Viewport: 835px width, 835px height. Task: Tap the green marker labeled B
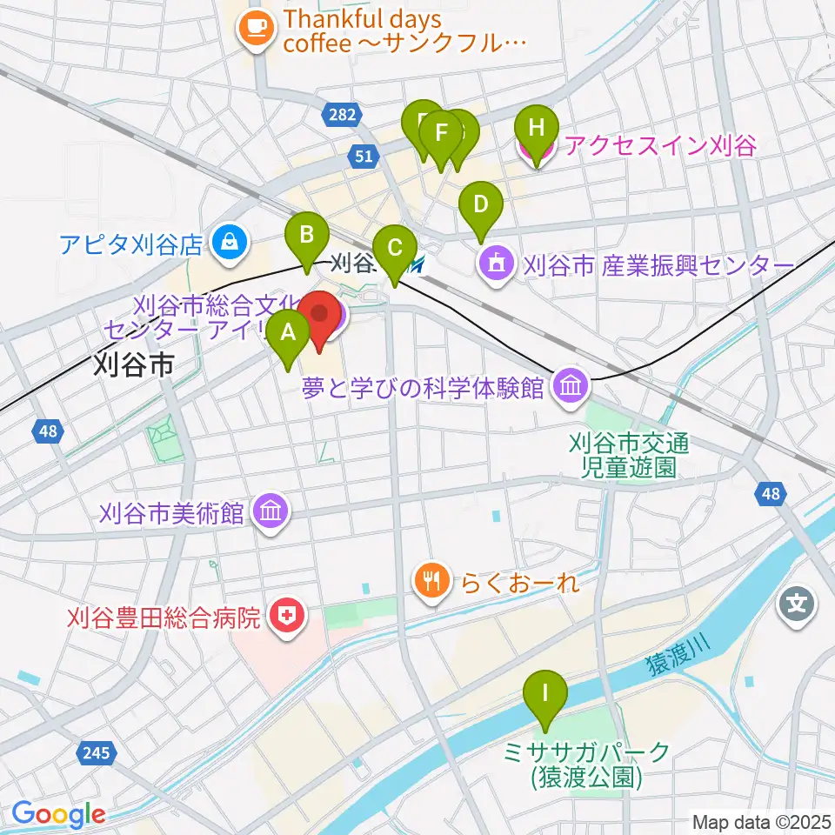tap(307, 235)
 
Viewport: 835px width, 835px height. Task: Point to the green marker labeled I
tap(545, 695)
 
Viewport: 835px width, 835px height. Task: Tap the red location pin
tap(319, 314)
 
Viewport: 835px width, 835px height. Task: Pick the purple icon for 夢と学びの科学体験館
tap(570, 385)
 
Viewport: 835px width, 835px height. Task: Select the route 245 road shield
tap(97, 752)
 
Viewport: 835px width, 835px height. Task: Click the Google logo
tap(58, 813)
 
